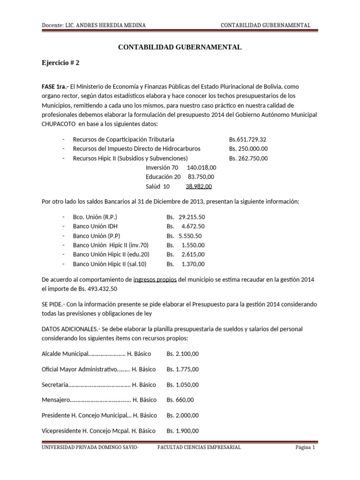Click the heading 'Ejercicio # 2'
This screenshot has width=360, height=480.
(60, 62)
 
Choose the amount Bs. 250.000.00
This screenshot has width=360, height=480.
(248, 149)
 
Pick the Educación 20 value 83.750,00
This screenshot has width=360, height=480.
(201, 177)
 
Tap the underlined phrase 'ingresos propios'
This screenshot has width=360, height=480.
(155, 279)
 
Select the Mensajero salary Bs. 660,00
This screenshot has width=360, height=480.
(180, 400)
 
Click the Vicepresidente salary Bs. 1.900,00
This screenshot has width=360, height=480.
(183, 431)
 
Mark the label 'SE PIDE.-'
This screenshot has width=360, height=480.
(54, 304)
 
